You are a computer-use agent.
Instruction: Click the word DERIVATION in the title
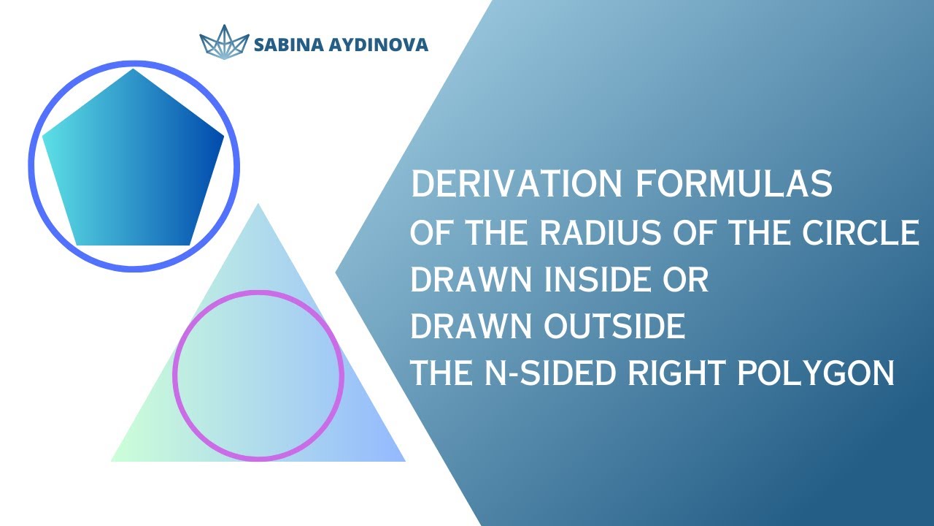point(515,185)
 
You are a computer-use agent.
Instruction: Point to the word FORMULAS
point(733,185)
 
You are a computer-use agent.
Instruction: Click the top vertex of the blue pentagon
point(133,70)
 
